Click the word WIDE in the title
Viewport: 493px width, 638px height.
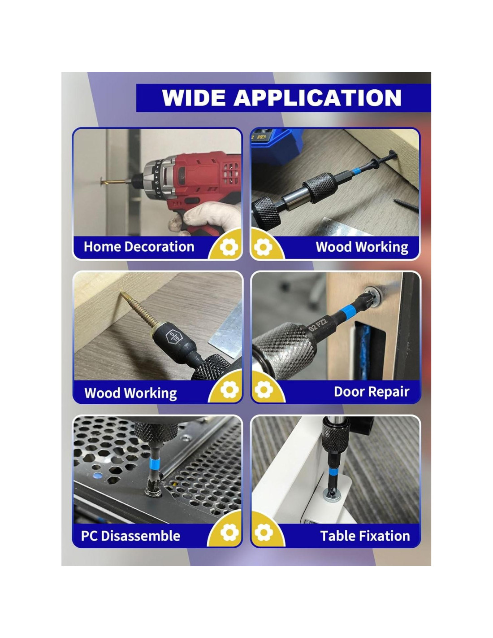(193, 97)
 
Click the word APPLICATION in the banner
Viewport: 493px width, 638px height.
(317, 97)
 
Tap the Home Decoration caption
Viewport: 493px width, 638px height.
(139, 247)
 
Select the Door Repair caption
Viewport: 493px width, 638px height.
(372, 392)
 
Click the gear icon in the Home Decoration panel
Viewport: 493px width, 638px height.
(229, 247)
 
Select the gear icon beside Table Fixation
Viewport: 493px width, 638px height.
(264, 533)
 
